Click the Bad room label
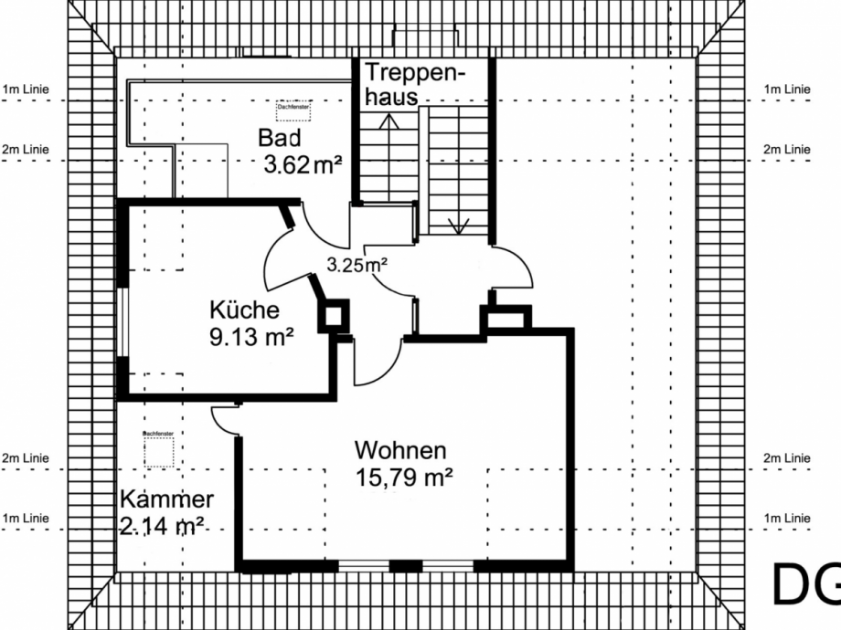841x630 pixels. coord(280,139)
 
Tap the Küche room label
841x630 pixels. coord(244,309)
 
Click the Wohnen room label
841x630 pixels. coord(400,450)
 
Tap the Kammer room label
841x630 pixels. coord(166,499)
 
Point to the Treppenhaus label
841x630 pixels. coord(414,84)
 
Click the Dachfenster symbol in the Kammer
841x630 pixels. coord(158,448)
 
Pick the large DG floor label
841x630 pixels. coord(804,584)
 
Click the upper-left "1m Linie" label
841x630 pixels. coord(26,89)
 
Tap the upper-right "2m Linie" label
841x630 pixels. coord(786,149)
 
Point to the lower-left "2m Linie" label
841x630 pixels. coord(26,457)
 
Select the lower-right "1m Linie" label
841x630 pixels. coord(786,518)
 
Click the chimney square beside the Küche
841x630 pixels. coord(333,316)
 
